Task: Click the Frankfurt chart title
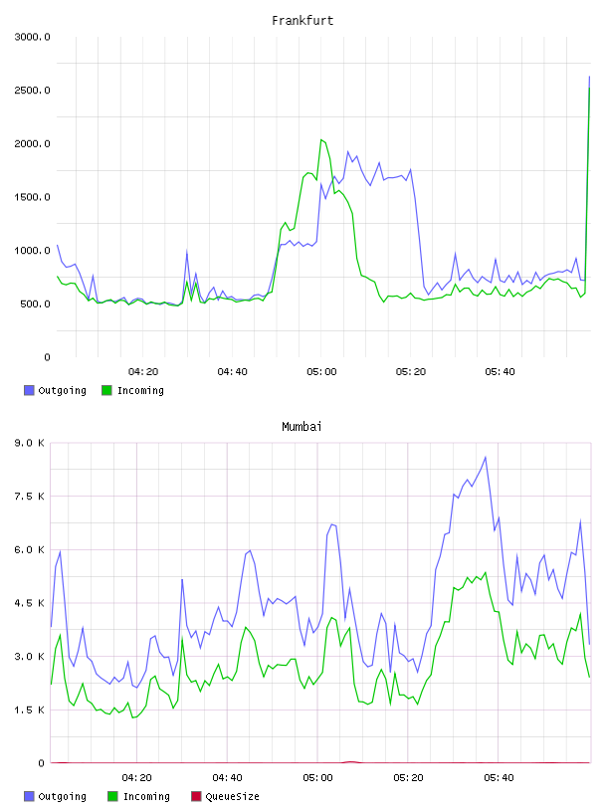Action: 302,21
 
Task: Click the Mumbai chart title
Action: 302,427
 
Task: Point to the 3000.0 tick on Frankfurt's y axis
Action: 32,37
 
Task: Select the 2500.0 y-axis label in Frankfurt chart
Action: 32,91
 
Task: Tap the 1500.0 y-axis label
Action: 32,197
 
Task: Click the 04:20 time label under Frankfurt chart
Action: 143,372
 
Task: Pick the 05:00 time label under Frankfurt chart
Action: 321,372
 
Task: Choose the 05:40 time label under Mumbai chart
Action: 499,778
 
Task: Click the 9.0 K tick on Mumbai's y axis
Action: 30,443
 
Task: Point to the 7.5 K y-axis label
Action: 30,497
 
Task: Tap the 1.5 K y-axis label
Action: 30,710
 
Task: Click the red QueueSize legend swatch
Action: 196,796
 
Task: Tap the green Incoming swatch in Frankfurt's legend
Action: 106,390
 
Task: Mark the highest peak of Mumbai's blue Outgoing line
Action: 486,457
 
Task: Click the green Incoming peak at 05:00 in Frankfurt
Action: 321,139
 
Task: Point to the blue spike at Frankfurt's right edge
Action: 589,77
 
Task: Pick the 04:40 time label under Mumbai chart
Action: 228,778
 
